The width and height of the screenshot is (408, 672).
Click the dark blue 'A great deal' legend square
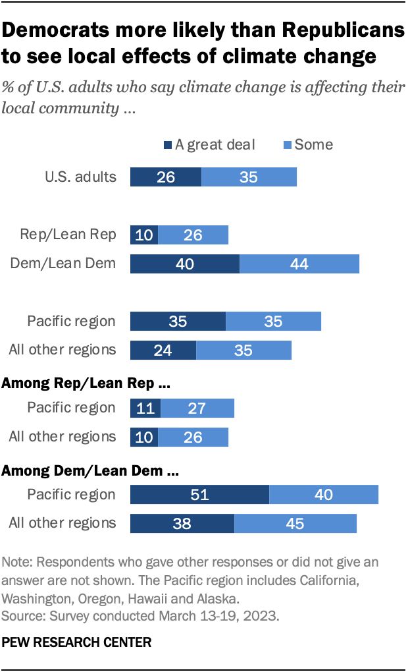tap(168, 144)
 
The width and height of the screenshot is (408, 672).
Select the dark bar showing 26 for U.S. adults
tap(166, 177)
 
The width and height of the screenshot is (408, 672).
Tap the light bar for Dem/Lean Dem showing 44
tap(299, 264)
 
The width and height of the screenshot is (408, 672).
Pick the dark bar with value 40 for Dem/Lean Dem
tap(185, 264)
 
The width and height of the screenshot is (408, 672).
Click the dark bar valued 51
tap(199, 495)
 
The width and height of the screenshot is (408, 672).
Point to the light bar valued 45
tap(295, 523)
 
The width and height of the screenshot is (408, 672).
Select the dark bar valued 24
tap(163, 350)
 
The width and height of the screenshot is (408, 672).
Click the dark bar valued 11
tap(145, 408)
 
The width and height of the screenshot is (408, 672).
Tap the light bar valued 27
tap(197, 408)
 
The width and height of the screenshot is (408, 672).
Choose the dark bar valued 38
tap(182, 523)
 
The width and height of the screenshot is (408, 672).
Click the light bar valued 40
tap(324, 495)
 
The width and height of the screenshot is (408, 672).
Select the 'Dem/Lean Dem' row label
tap(63, 264)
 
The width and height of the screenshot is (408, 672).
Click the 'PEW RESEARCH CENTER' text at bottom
tap(77, 641)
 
